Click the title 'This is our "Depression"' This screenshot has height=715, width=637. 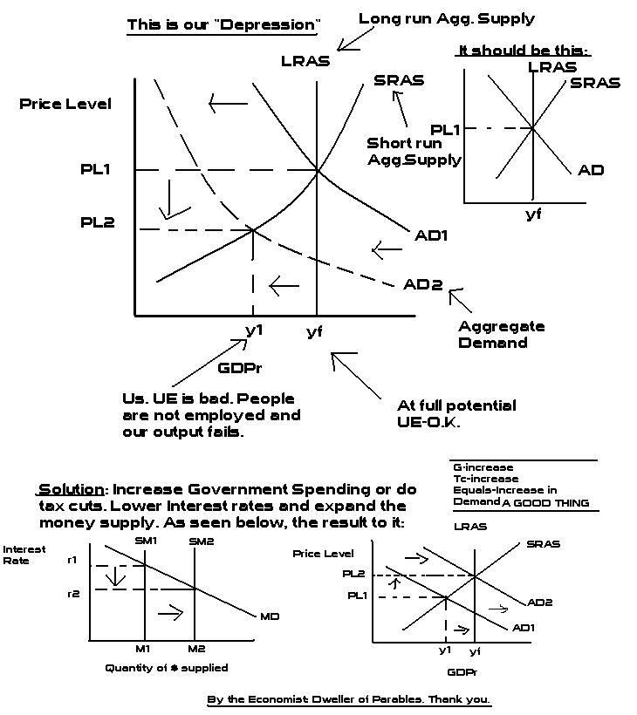[x=223, y=24]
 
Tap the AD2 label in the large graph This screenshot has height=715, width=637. [x=422, y=285]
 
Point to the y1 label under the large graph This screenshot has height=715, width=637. [x=254, y=331]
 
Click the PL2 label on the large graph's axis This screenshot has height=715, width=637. [x=98, y=222]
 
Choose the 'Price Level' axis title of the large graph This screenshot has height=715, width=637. [x=65, y=104]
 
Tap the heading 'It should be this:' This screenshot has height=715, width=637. [x=524, y=51]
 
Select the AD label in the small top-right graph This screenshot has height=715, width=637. [x=591, y=169]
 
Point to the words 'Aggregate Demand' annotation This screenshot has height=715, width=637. [x=501, y=334]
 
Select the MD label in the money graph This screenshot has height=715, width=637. [x=270, y=616]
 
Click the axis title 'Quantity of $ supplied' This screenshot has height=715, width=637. [x=166, y=668]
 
